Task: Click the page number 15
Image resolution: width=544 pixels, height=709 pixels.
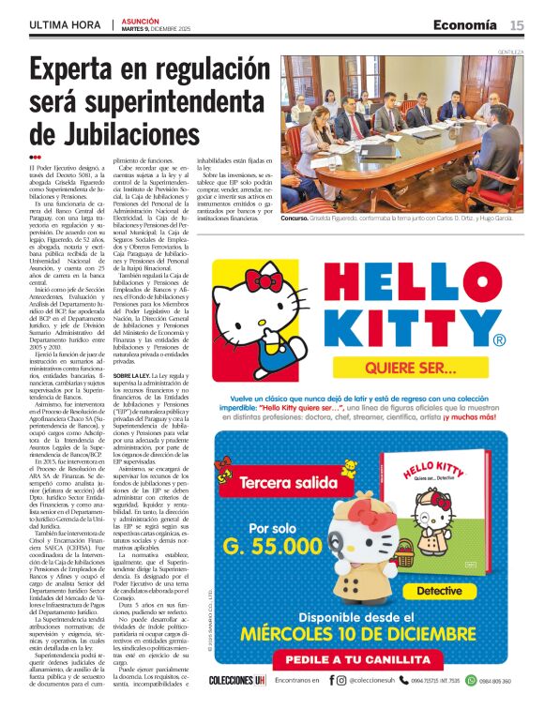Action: (517, 25)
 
